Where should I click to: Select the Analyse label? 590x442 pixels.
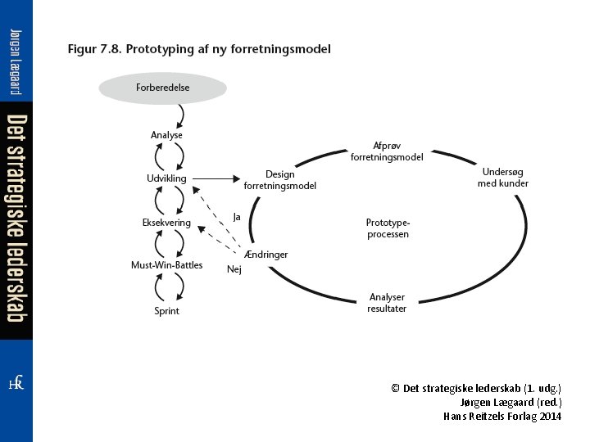coord(166,135)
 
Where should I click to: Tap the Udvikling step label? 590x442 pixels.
coord(166,178)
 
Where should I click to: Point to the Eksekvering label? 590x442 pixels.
coord(166,223)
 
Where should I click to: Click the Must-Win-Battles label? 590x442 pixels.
coord(166,265)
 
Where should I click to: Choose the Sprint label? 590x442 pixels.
coord(166,311)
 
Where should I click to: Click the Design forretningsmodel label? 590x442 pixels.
coord(279,180)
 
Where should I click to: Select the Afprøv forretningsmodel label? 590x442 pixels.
coord(387,151)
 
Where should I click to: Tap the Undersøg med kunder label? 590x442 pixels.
coord(503,178)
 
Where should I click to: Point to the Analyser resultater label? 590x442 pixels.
coord(387,303)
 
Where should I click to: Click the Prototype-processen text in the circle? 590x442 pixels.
coord(387,228)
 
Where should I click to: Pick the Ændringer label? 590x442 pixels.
coord(266,255)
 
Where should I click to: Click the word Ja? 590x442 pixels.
coord(237,217)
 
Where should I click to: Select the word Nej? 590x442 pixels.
coord(234,268)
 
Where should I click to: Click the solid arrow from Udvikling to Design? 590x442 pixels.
coord(217,178)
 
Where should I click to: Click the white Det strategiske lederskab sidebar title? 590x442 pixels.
coord(16,219)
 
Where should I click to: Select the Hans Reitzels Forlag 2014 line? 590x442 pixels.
coord(502,416)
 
